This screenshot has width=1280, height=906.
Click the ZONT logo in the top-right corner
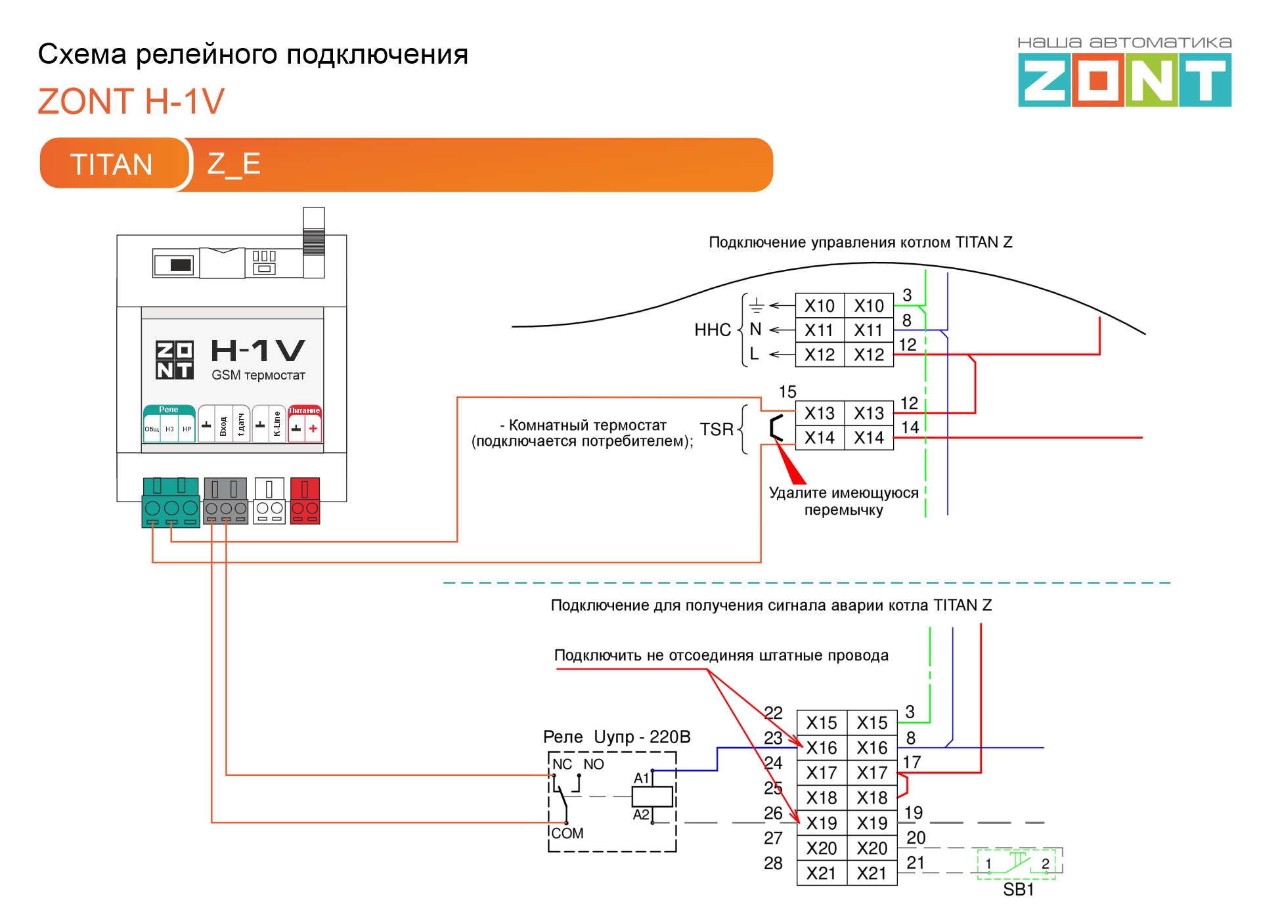coord(1124,79)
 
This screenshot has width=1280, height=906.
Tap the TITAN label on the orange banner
coord(112,164)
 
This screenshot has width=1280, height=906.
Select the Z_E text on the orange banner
coord(234,163)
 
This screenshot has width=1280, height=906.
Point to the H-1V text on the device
coord(257,351)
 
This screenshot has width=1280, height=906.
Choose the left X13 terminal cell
coord(819,413)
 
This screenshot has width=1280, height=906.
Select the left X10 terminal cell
coord(819,306)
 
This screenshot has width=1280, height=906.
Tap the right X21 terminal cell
coord(872,873)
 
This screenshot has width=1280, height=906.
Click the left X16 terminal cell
coord(822,748)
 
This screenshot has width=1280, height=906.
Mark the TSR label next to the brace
coord(716,429)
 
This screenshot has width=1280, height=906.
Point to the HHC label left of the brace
coord(713,330)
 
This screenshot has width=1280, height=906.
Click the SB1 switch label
coord(1018,890)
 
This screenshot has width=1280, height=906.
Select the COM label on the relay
coord(567,833)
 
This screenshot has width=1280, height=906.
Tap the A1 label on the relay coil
coord(641,778)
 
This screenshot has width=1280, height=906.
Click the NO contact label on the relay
coord(593,764)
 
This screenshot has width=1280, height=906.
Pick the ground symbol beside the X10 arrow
coord(757,305)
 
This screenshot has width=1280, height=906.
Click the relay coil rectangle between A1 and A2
coord(651,796)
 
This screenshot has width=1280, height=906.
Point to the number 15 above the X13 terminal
coord(787,392)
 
